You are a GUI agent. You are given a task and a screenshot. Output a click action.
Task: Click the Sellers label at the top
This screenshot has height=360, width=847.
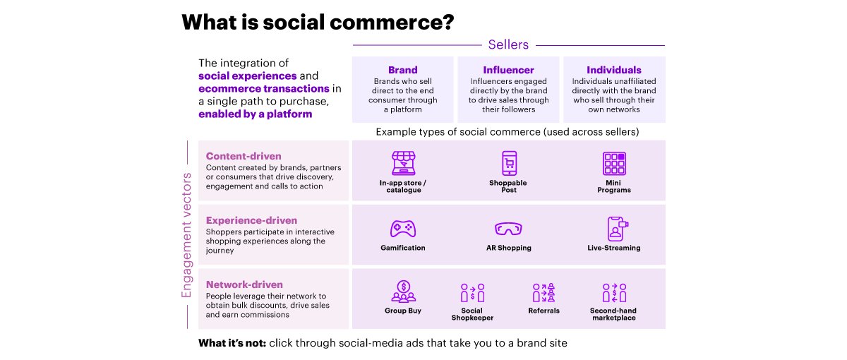click(508, 44)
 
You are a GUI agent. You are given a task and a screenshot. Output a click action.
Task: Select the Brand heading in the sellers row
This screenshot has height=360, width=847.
click(403, 70)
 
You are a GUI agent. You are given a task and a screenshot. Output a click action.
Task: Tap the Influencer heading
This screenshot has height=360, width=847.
click(508, 70)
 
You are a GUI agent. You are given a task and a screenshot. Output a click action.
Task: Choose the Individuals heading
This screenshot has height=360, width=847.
click(613, 70)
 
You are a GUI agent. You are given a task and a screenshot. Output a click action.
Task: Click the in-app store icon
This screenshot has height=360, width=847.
click(404, 163)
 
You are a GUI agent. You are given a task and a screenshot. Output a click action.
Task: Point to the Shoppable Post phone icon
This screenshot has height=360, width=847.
click(509, 163)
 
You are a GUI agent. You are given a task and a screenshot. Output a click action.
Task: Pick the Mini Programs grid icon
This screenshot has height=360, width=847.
click(614, 163)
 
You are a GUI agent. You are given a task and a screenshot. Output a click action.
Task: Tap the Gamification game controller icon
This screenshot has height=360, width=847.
click(403, 229)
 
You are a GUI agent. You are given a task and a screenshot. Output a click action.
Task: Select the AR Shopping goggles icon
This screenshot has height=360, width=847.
click(508, 229)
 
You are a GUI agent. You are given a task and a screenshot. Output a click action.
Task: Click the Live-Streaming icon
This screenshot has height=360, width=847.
click(617, 229)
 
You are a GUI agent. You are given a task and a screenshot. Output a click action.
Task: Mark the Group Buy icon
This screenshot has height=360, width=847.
click(404, 292)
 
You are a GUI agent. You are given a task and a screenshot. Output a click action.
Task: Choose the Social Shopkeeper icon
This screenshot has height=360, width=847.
click(472, 293)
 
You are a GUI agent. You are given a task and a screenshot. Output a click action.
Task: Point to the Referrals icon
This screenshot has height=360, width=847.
click(543, 293)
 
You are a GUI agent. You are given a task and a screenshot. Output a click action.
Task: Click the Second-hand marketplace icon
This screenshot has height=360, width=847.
click(614, 293)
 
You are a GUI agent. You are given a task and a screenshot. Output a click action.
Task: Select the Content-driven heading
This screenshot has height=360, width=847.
click(244, 156)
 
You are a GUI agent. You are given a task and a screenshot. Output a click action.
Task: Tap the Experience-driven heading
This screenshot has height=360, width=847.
click(251, 220)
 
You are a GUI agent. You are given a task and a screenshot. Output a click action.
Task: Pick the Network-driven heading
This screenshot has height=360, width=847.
click(244, 284)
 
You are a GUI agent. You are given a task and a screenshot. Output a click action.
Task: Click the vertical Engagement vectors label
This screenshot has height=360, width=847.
click(186, 235)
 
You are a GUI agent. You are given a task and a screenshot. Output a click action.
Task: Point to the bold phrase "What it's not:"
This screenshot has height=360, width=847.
click(232, 343)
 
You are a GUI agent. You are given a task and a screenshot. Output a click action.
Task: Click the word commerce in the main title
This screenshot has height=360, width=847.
click(392, 22)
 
